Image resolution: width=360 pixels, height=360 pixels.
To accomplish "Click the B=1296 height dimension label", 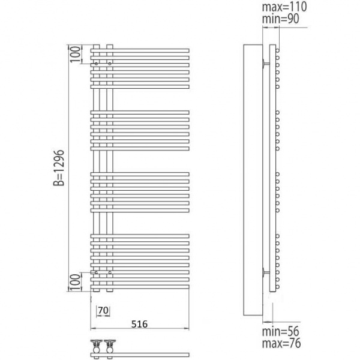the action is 59,167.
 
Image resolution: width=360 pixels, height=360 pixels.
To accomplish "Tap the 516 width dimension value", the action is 139,324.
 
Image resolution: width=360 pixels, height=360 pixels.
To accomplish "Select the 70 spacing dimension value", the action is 103,310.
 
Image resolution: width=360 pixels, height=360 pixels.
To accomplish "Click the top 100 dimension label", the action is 76,54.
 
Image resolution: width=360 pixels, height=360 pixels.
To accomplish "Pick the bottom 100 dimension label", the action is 76,282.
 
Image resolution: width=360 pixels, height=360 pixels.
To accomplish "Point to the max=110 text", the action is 284,7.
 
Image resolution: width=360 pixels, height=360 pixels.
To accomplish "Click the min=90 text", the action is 281,19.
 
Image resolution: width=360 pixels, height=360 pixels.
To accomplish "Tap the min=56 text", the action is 281,332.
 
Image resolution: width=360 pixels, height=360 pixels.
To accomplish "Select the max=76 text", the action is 281,343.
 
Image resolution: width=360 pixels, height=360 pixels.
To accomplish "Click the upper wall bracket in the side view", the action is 266,63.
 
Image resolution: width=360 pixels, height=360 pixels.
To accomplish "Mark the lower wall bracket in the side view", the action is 266,272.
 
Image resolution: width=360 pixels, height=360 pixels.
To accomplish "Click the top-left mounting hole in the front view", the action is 97,64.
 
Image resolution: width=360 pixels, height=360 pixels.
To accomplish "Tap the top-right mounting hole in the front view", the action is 110,64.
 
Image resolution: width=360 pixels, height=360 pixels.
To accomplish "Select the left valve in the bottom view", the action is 97,346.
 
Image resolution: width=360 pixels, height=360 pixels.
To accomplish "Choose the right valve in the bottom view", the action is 110,346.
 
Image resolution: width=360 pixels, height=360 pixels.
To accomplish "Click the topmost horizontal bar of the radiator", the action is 140,50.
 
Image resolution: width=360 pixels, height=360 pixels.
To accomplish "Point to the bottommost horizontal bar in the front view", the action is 140,287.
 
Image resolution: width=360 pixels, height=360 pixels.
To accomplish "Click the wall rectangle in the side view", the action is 253,180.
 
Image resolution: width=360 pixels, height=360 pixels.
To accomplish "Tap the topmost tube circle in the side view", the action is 278,50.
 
